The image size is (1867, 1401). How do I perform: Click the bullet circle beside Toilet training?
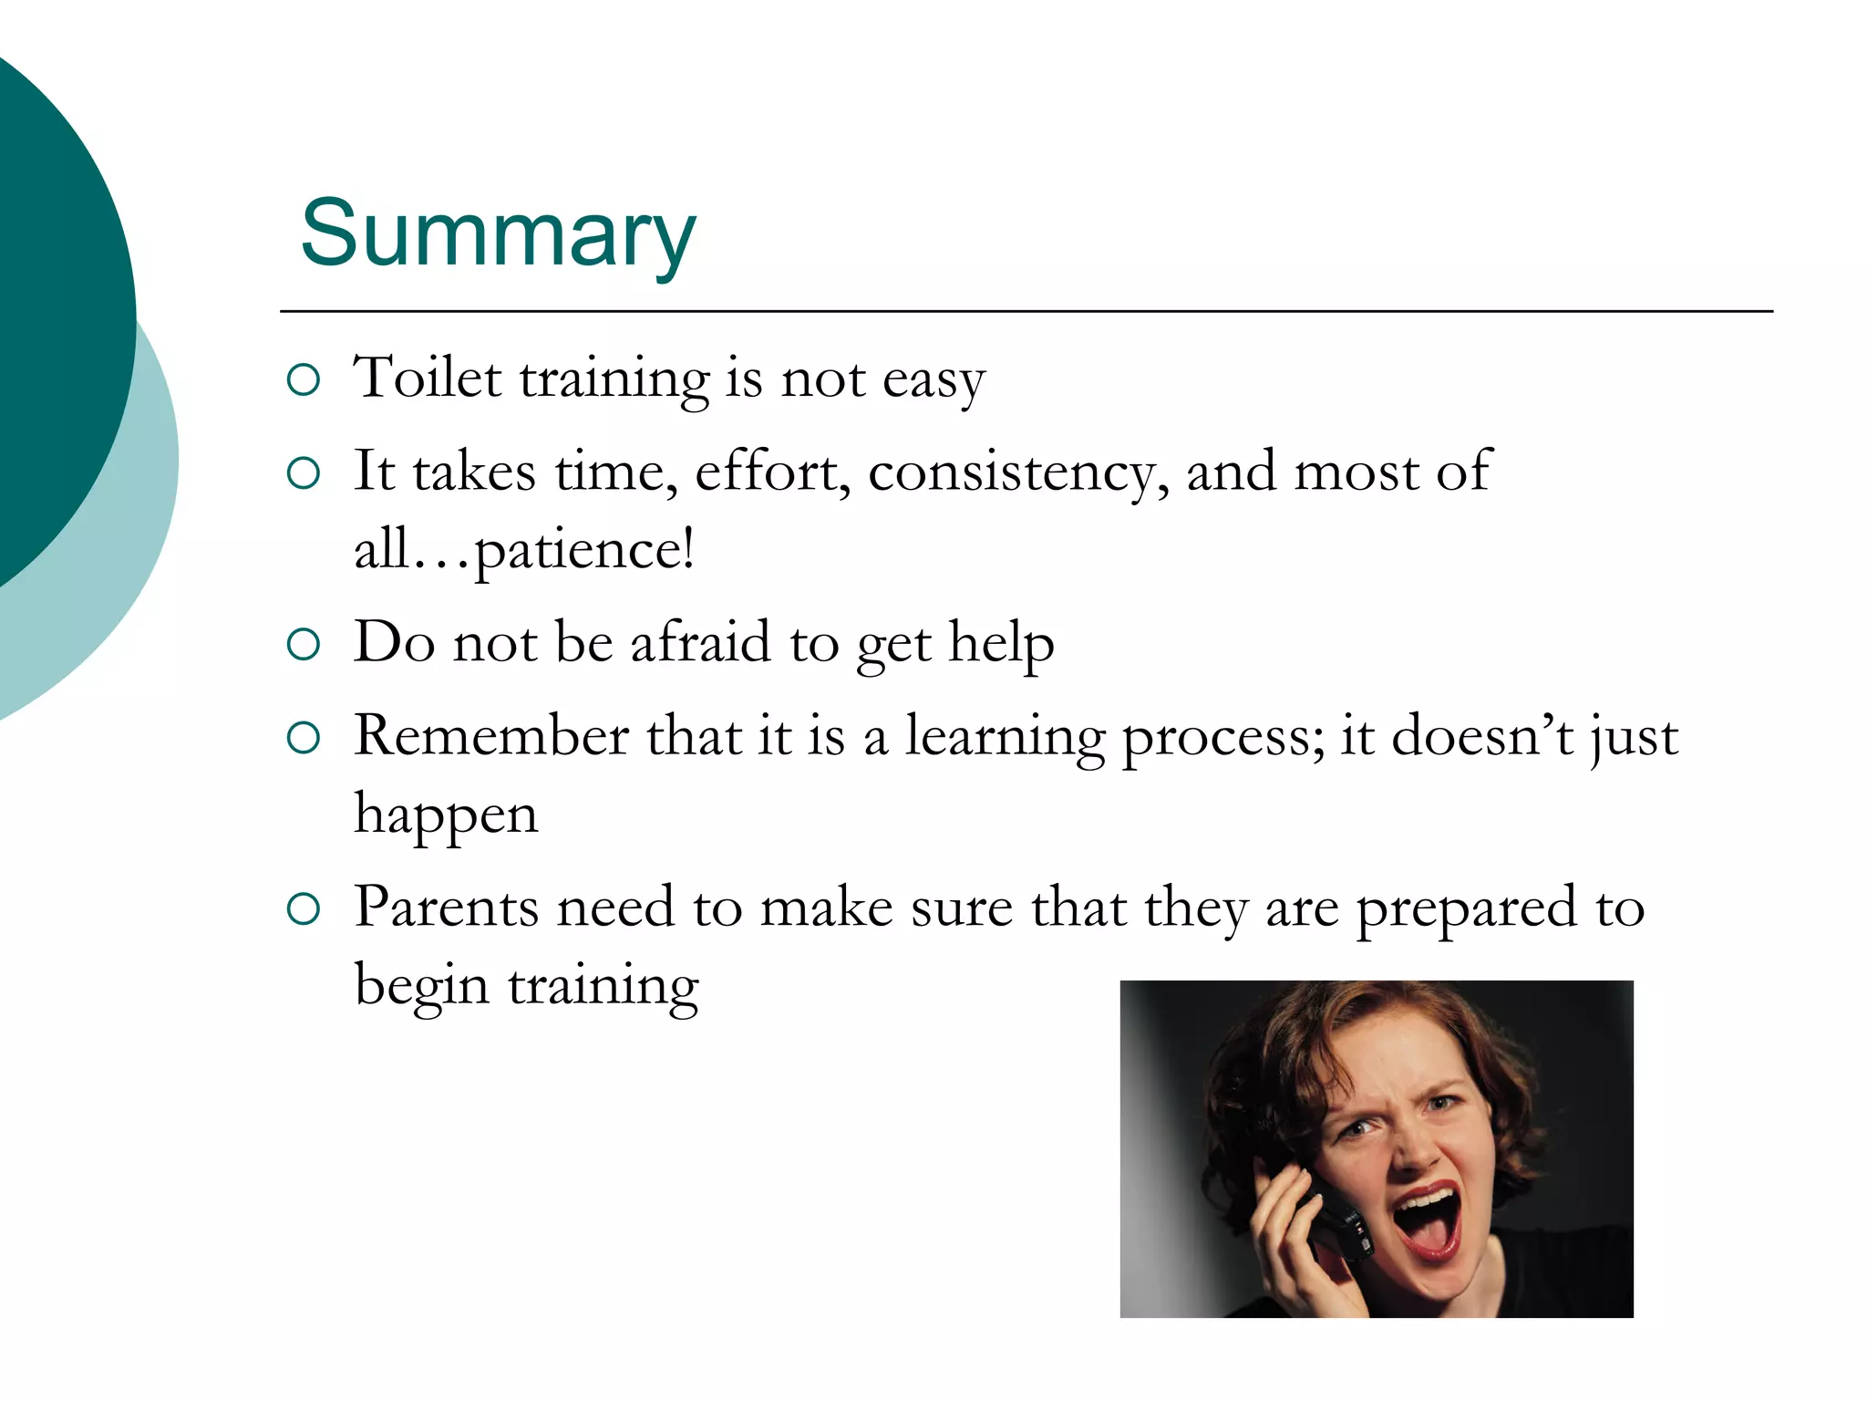pyautogui.click(x=303, y=379)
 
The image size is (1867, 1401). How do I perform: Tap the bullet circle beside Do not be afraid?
pyautogui.click(x=303, y=645)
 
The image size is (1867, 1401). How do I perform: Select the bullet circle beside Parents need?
pyautogui.click(x=303, y=909)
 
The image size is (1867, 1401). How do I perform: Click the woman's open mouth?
pyautogui.click(x=1428, y=1222)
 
